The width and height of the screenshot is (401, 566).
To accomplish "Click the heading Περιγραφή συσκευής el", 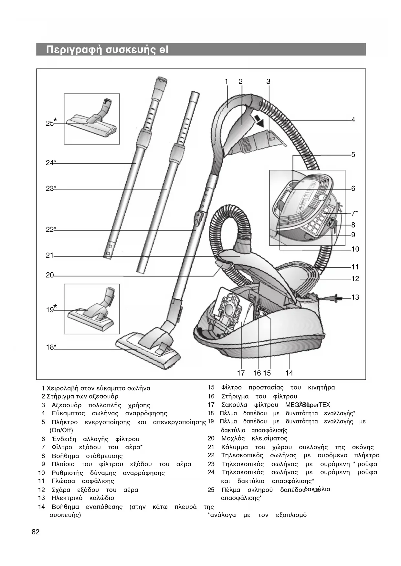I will pyautogui.click(x=107, y=50).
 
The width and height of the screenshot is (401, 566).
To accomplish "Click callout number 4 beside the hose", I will pyautogui.click(x=353, y=120).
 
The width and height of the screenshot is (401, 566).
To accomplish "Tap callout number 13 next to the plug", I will pyautogui.click(x=355, y=297).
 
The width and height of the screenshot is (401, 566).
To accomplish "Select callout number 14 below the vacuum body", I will pyautogui.click(x=289, y=373).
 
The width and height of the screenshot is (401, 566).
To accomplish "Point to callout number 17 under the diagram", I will pyautogui.click(x=241, y=373).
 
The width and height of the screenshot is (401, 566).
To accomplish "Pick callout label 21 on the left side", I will pyautogui.click(x=49, y=256).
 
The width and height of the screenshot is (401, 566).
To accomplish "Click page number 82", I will pyautogui.click(x=36, y=532).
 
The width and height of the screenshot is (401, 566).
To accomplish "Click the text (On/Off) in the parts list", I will pyautogui.click(x=61, y=430).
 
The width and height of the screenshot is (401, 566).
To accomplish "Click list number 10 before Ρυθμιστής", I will pyautogui.click(x=41, y=473).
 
